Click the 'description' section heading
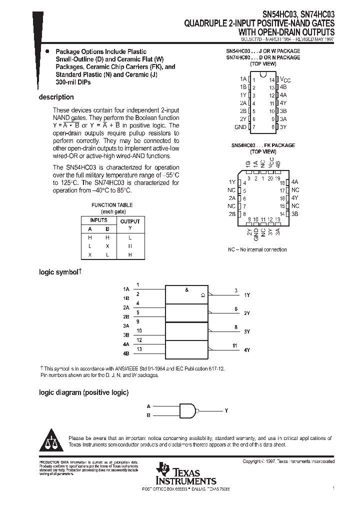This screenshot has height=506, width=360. click(x=56, y=97)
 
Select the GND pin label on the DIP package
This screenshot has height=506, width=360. click(x=240, y=127)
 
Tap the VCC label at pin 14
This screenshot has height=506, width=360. click(x=284, y=79)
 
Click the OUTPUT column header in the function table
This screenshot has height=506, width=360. click(x=130, y=221)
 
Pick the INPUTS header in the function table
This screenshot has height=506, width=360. click(x=98, y=220)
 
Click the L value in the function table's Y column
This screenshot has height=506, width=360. click(x=130, y=237)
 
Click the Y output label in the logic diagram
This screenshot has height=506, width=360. click(x=226, y=410)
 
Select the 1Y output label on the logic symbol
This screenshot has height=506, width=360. click(x=246, y=295)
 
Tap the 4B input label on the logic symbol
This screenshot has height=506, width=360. click(x=126, y=353)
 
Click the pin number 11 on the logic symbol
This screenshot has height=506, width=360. click(x=234, y=345)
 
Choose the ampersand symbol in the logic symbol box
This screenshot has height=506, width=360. click(x=186, y=290)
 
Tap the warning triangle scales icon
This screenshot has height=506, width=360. click(x=51, y=440)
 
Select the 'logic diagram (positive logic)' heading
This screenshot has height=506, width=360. click(x=83, y=392)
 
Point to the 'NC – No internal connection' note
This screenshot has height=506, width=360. click(x=258, y=249)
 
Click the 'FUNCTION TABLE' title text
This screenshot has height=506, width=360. click(x=112, y=205)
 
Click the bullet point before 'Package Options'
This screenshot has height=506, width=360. click(x=47, y=51)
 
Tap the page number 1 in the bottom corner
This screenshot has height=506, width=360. click(x=333, y=487)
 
